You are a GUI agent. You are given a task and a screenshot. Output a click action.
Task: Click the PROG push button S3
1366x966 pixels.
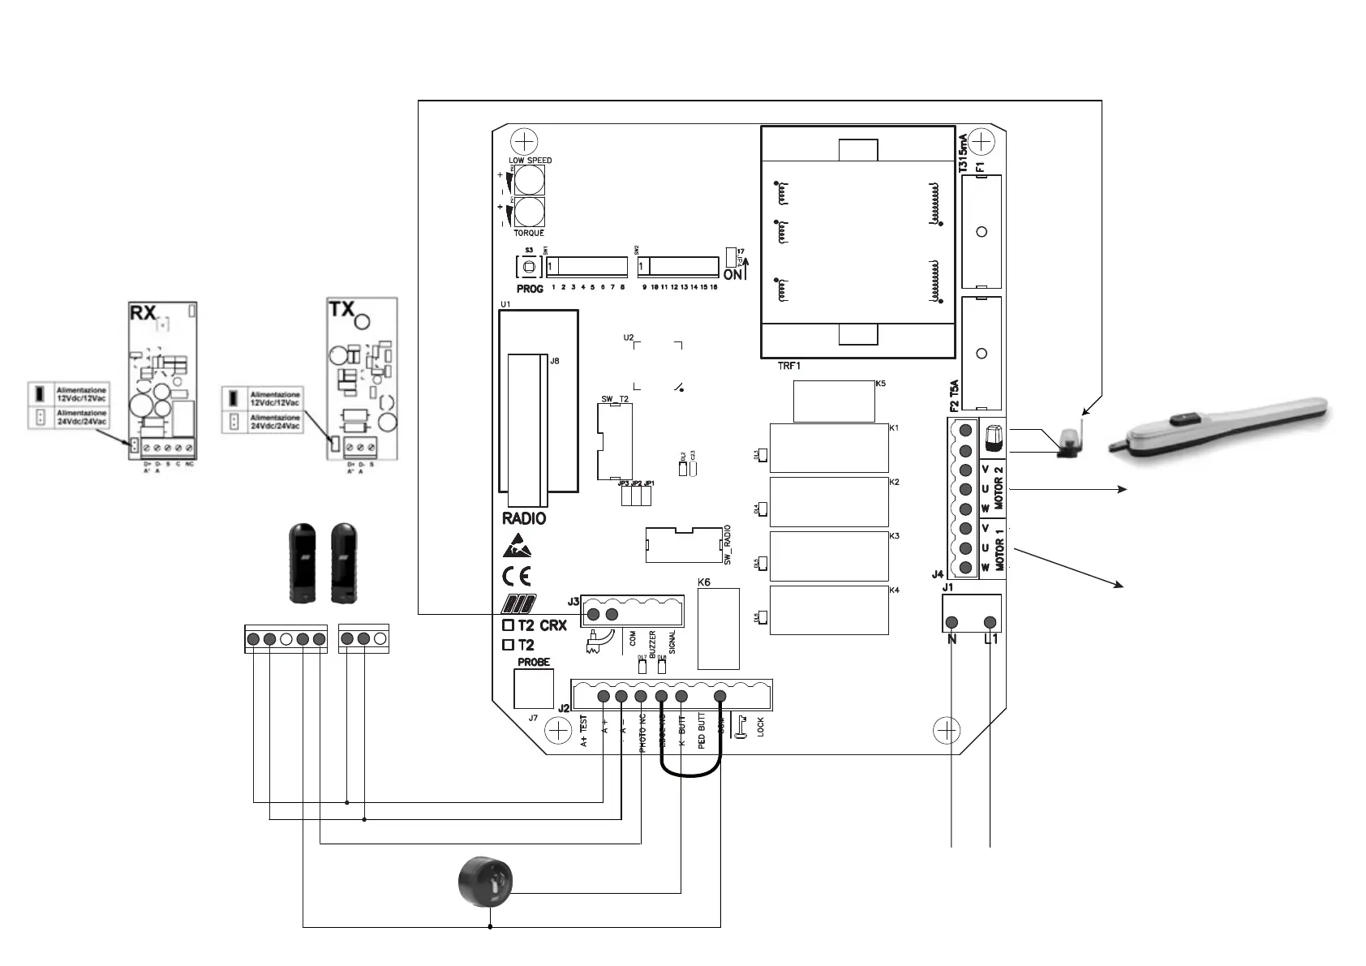pos(528,267)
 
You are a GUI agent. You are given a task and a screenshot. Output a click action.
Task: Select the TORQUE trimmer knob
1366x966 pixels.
pos(529,213)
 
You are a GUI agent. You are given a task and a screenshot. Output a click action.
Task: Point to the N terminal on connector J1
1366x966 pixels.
pos(952,622)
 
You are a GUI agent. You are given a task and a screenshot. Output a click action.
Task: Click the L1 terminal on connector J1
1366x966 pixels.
pos(990,622)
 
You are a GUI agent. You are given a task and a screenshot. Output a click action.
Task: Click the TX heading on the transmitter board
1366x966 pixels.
pos(341,309)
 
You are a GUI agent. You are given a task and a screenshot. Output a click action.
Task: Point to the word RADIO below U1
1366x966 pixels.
pos(524,519)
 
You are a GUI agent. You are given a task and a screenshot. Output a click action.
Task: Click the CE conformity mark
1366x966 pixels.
pos(517,577)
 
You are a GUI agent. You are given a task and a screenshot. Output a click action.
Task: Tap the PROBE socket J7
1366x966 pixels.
pos(534,688)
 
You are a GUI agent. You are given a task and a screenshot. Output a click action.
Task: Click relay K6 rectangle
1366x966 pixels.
pos(718,629)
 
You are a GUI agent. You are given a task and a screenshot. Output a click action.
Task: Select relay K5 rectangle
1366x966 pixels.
pos(833,401)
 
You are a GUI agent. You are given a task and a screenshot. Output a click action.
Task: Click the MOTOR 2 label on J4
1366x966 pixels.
pos(999,487)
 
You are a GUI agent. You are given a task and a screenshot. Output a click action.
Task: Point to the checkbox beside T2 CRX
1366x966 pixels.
pos(509,625)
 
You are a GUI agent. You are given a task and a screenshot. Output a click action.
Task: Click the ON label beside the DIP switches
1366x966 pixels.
pos(732,275)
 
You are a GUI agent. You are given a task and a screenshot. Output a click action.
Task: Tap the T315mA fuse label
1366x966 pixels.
pos(963,152)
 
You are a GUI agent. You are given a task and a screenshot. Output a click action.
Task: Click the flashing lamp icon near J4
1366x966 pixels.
pos(993,439)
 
